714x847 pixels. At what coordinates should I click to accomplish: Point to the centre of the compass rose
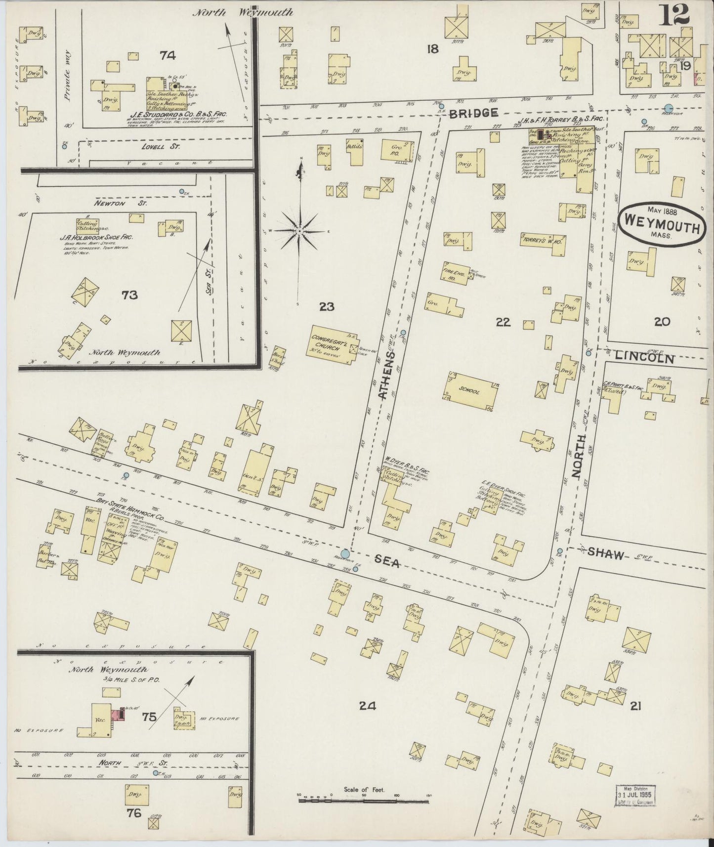click(300, 231)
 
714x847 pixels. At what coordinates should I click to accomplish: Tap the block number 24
click(368, 706)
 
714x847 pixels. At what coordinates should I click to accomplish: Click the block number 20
click(662, 322)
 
